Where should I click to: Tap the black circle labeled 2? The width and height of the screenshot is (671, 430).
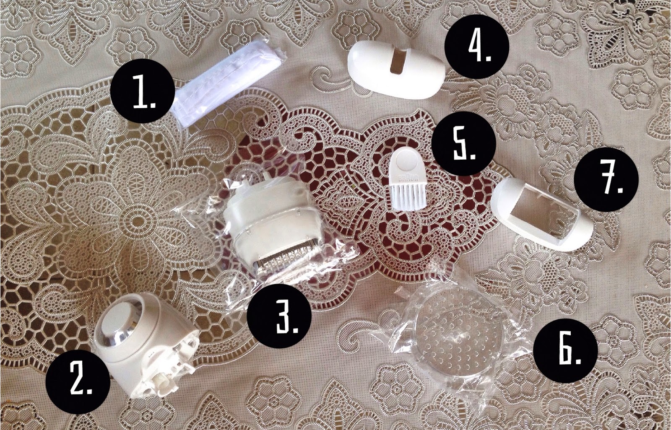(78, 381)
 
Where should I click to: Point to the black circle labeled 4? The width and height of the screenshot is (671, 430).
(476, 47)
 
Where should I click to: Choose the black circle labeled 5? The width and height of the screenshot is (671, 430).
(461, 143)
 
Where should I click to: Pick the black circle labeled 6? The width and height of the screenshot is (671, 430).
(566, 350)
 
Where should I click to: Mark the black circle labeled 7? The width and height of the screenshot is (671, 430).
(606, 179)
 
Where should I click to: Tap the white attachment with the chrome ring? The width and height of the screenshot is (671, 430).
(144, 345)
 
